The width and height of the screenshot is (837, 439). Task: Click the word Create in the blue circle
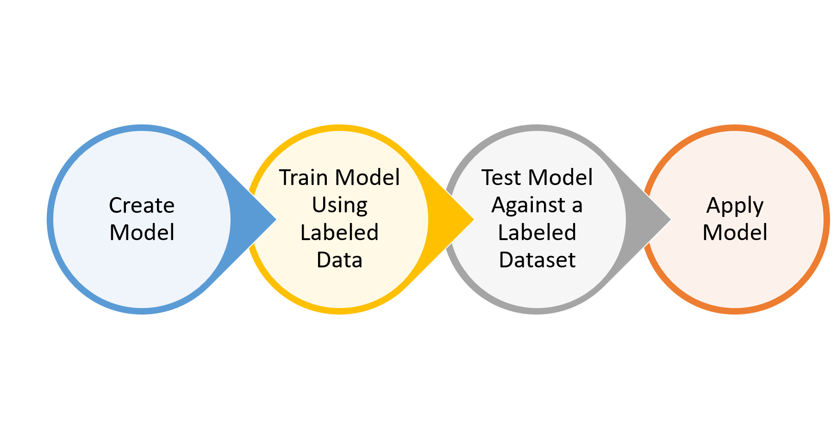click(x=142, y=205)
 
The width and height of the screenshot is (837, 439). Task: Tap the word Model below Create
click(x=142, y=232)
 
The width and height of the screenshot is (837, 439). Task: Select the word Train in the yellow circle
click(x=303, y=178)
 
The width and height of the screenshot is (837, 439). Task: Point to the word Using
click(x=339, y=205)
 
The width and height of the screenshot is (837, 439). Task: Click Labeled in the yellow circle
click(x=339, y=232)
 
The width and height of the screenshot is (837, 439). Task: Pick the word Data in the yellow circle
click(x=339, y=260)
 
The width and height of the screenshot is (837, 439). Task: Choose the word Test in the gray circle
click(x=501, y=178)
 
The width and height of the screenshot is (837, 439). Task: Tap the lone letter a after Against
click(x=577, y=205)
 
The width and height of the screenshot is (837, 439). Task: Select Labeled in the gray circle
click(x=537, y=232)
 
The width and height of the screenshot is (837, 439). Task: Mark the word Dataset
click(x=537, y=260)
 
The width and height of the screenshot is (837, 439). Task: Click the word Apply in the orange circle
click(x=735, y=205)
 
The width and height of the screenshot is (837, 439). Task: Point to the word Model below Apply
click(x=735, y=232)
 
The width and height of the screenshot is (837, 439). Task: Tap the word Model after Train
click(x=368, y=178)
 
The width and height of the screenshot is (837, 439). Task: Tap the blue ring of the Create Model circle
click(x=50, y=219)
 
